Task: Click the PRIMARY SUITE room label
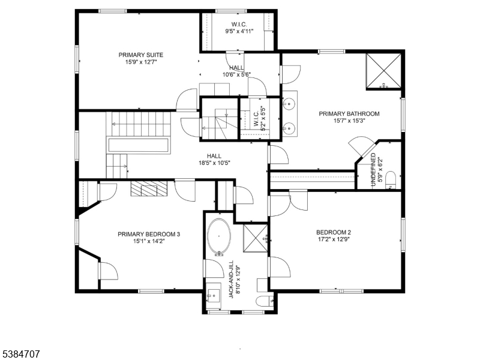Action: [x=140, y=55]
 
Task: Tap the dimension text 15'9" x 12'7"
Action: [x=140, y=62]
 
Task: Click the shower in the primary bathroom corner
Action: [x=384, y=71]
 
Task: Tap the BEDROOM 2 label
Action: [x=334, y=232]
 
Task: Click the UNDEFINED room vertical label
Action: [x=373, y=172]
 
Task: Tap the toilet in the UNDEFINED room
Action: [x=390, y=179]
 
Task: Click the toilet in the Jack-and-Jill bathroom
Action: [x=263, y=300]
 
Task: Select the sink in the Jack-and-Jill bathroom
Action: [x=214, y=296]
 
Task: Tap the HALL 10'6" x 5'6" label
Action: [x=236, y=71]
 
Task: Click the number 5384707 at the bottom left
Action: [x=20, y=354]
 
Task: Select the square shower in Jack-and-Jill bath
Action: [x=255, y=237]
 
